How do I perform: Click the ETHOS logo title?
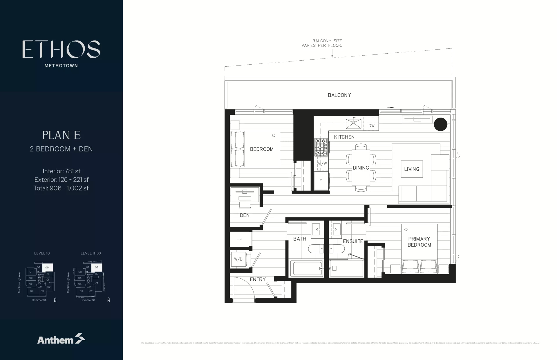click(61, 49)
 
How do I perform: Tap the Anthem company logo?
click(61, 339)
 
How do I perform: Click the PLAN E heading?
click(61, 135)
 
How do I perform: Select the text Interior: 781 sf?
click(61, 171)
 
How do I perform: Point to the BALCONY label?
click(339, 95)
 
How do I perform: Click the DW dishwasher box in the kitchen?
click(371, 124)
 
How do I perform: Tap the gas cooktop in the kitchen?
click(321, 147)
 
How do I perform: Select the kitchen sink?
click(354, 123)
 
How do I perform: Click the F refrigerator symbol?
click(321, 181)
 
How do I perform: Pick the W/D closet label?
click(238, 259)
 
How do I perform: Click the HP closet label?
click(239, 239)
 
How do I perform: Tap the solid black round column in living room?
click(440, 124)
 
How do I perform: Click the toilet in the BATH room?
click(315, 249)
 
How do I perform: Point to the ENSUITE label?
click(353, 241)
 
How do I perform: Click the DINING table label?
click(361, 168)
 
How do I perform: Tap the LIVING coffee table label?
click(412, 169)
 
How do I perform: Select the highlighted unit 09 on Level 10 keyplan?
click(47, 268)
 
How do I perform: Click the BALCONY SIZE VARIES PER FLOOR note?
click(322, 43)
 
